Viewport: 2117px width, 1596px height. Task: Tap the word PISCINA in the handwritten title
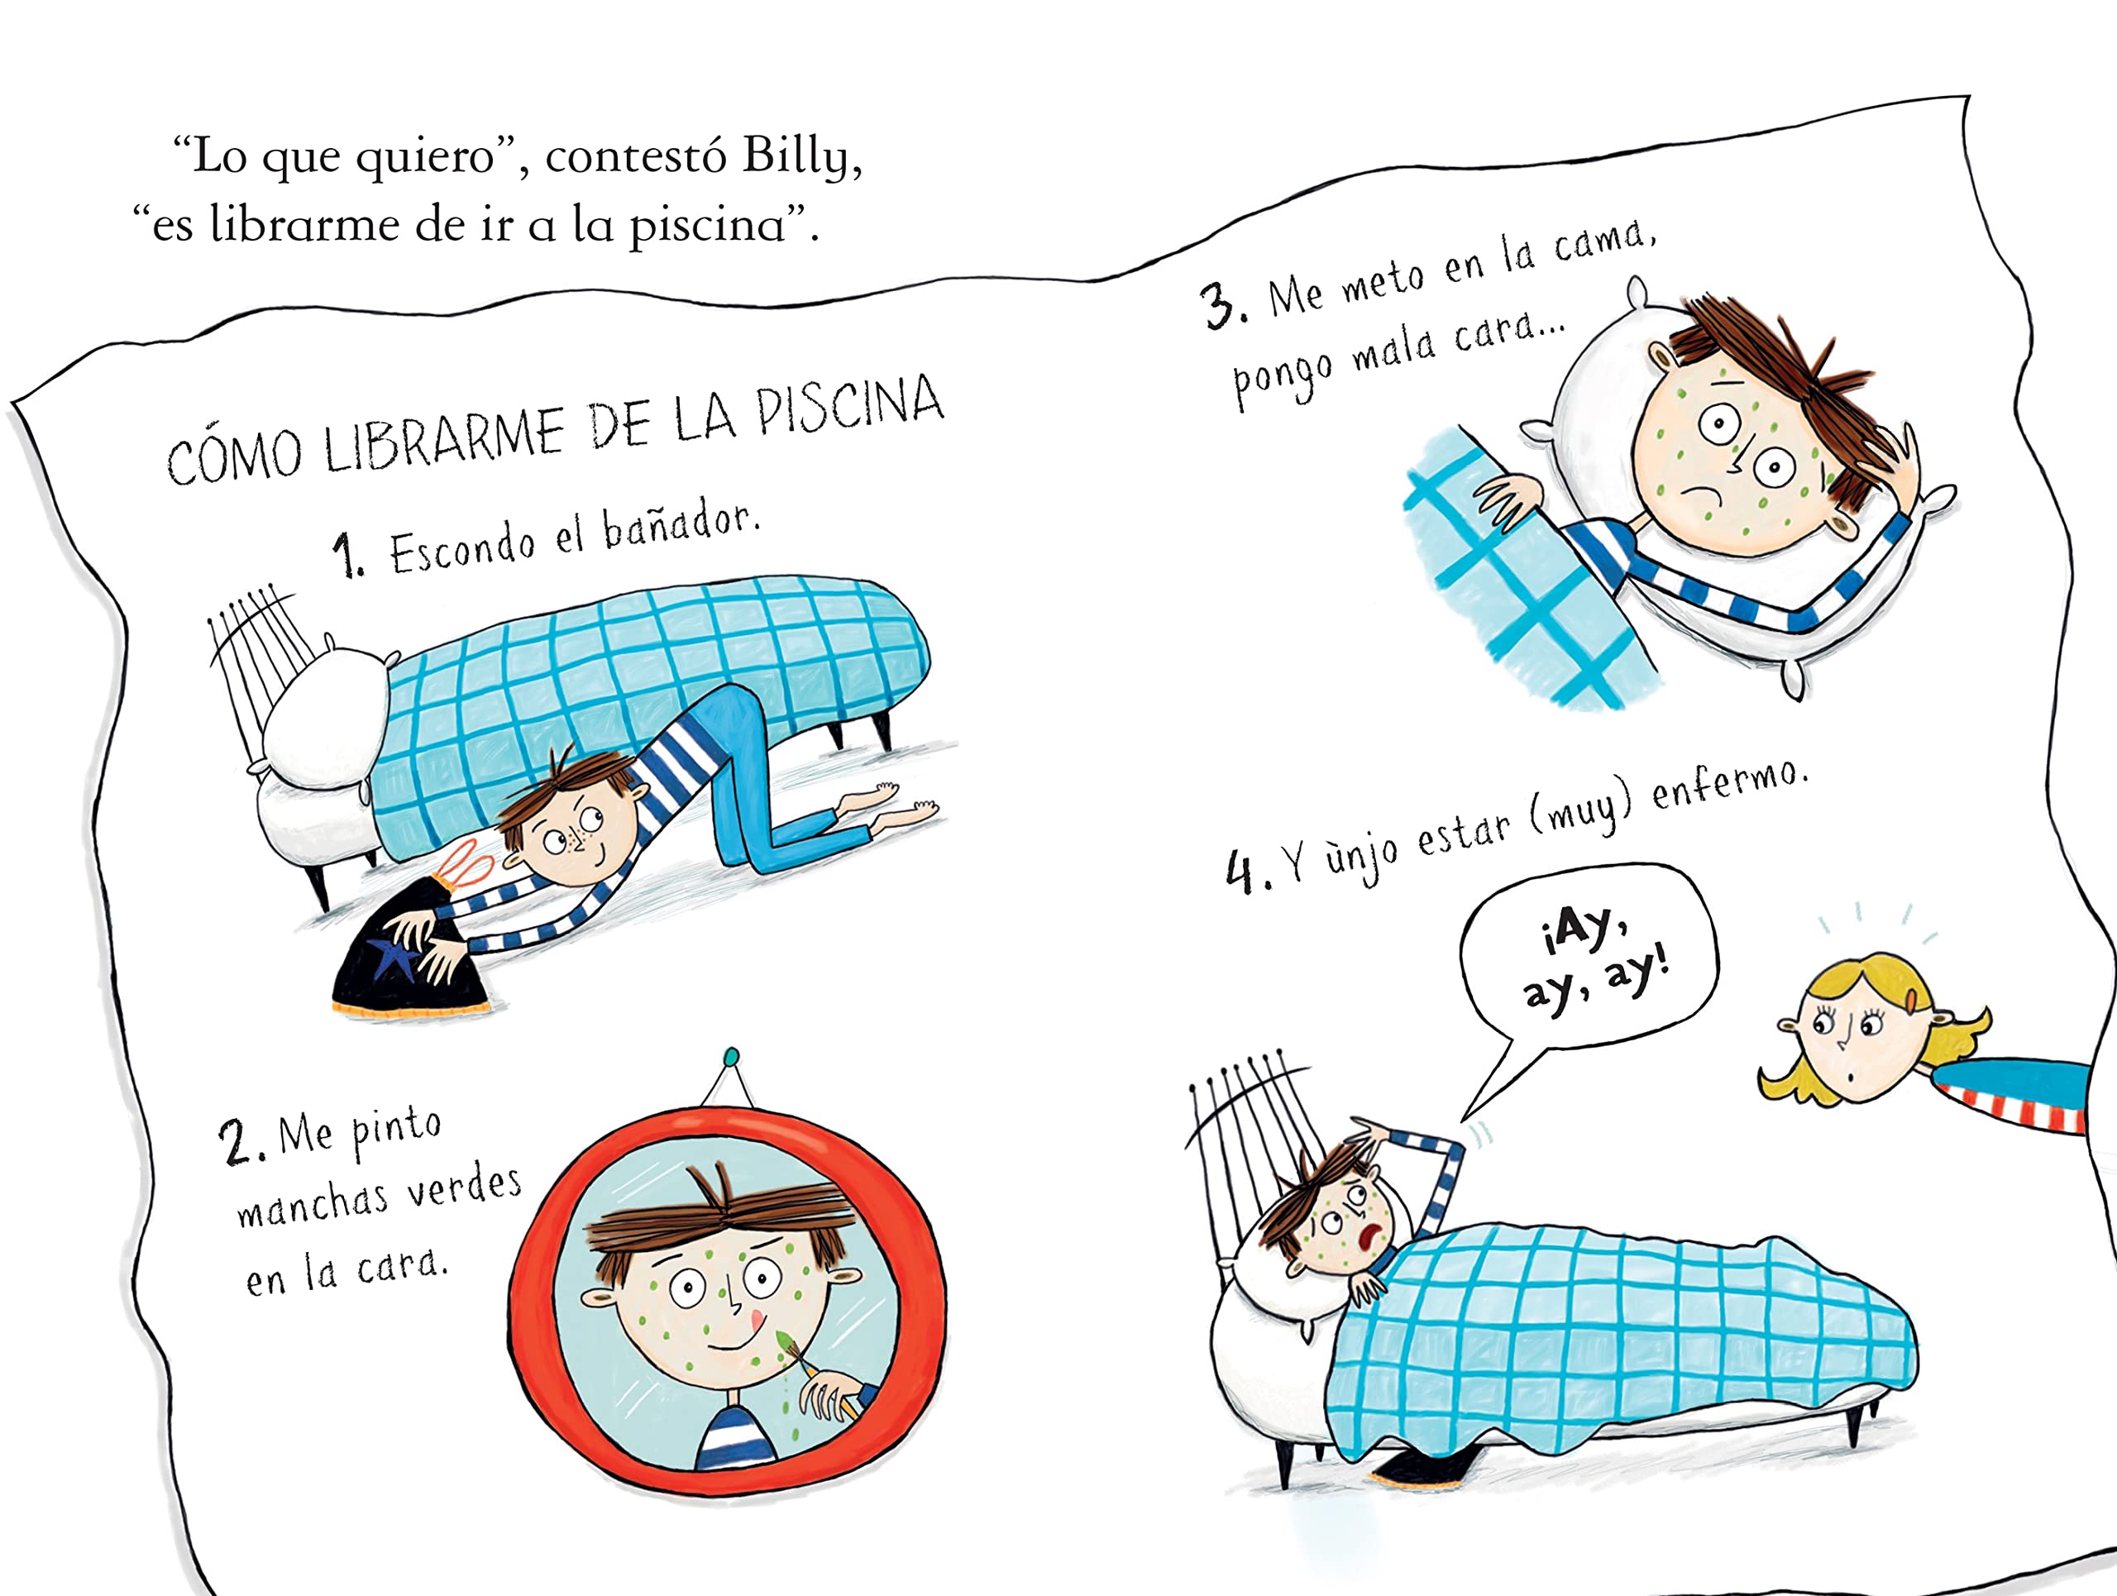(x=850, y=407)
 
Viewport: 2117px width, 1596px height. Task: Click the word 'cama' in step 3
(x=1601, y=241)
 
